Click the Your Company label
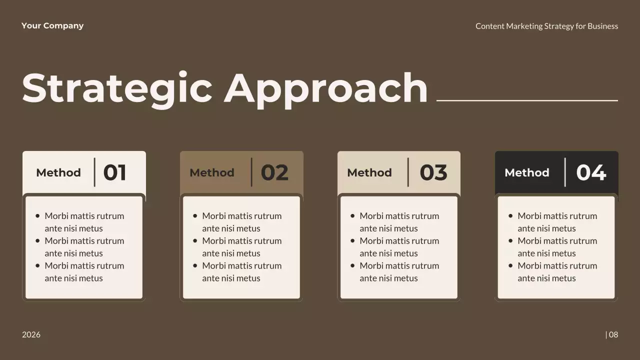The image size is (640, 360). [x=52, y=26]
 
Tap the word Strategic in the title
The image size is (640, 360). [x=117, y=88]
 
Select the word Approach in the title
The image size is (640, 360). [x=325, y=88]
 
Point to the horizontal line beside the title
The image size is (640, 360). [x=527, y=100]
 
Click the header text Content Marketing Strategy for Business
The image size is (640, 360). [x=546, y=26]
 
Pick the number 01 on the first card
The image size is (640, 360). [x=114, y=172]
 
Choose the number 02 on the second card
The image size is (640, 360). [x=274, y=172]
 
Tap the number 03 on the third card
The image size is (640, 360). [x=433, y=172]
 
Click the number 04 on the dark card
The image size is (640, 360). [x=591, y=172]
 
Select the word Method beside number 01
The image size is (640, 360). [x=58, y=172]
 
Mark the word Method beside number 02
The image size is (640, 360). [x=211, y=172]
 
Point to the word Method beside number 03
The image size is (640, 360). [x=369, y=172]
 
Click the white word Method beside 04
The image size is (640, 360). [x=526, y=172]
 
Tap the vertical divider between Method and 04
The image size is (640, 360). [x=565, y=172]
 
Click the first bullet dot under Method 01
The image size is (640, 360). [x=37, y=216]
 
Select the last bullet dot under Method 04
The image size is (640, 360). [x=510, y=265]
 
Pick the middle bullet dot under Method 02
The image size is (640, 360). [x=195, y=240]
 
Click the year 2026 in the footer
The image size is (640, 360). [x=31, y=334]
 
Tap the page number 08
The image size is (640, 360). [x=613, y=334]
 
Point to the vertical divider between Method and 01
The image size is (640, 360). [x=94, y=172]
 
